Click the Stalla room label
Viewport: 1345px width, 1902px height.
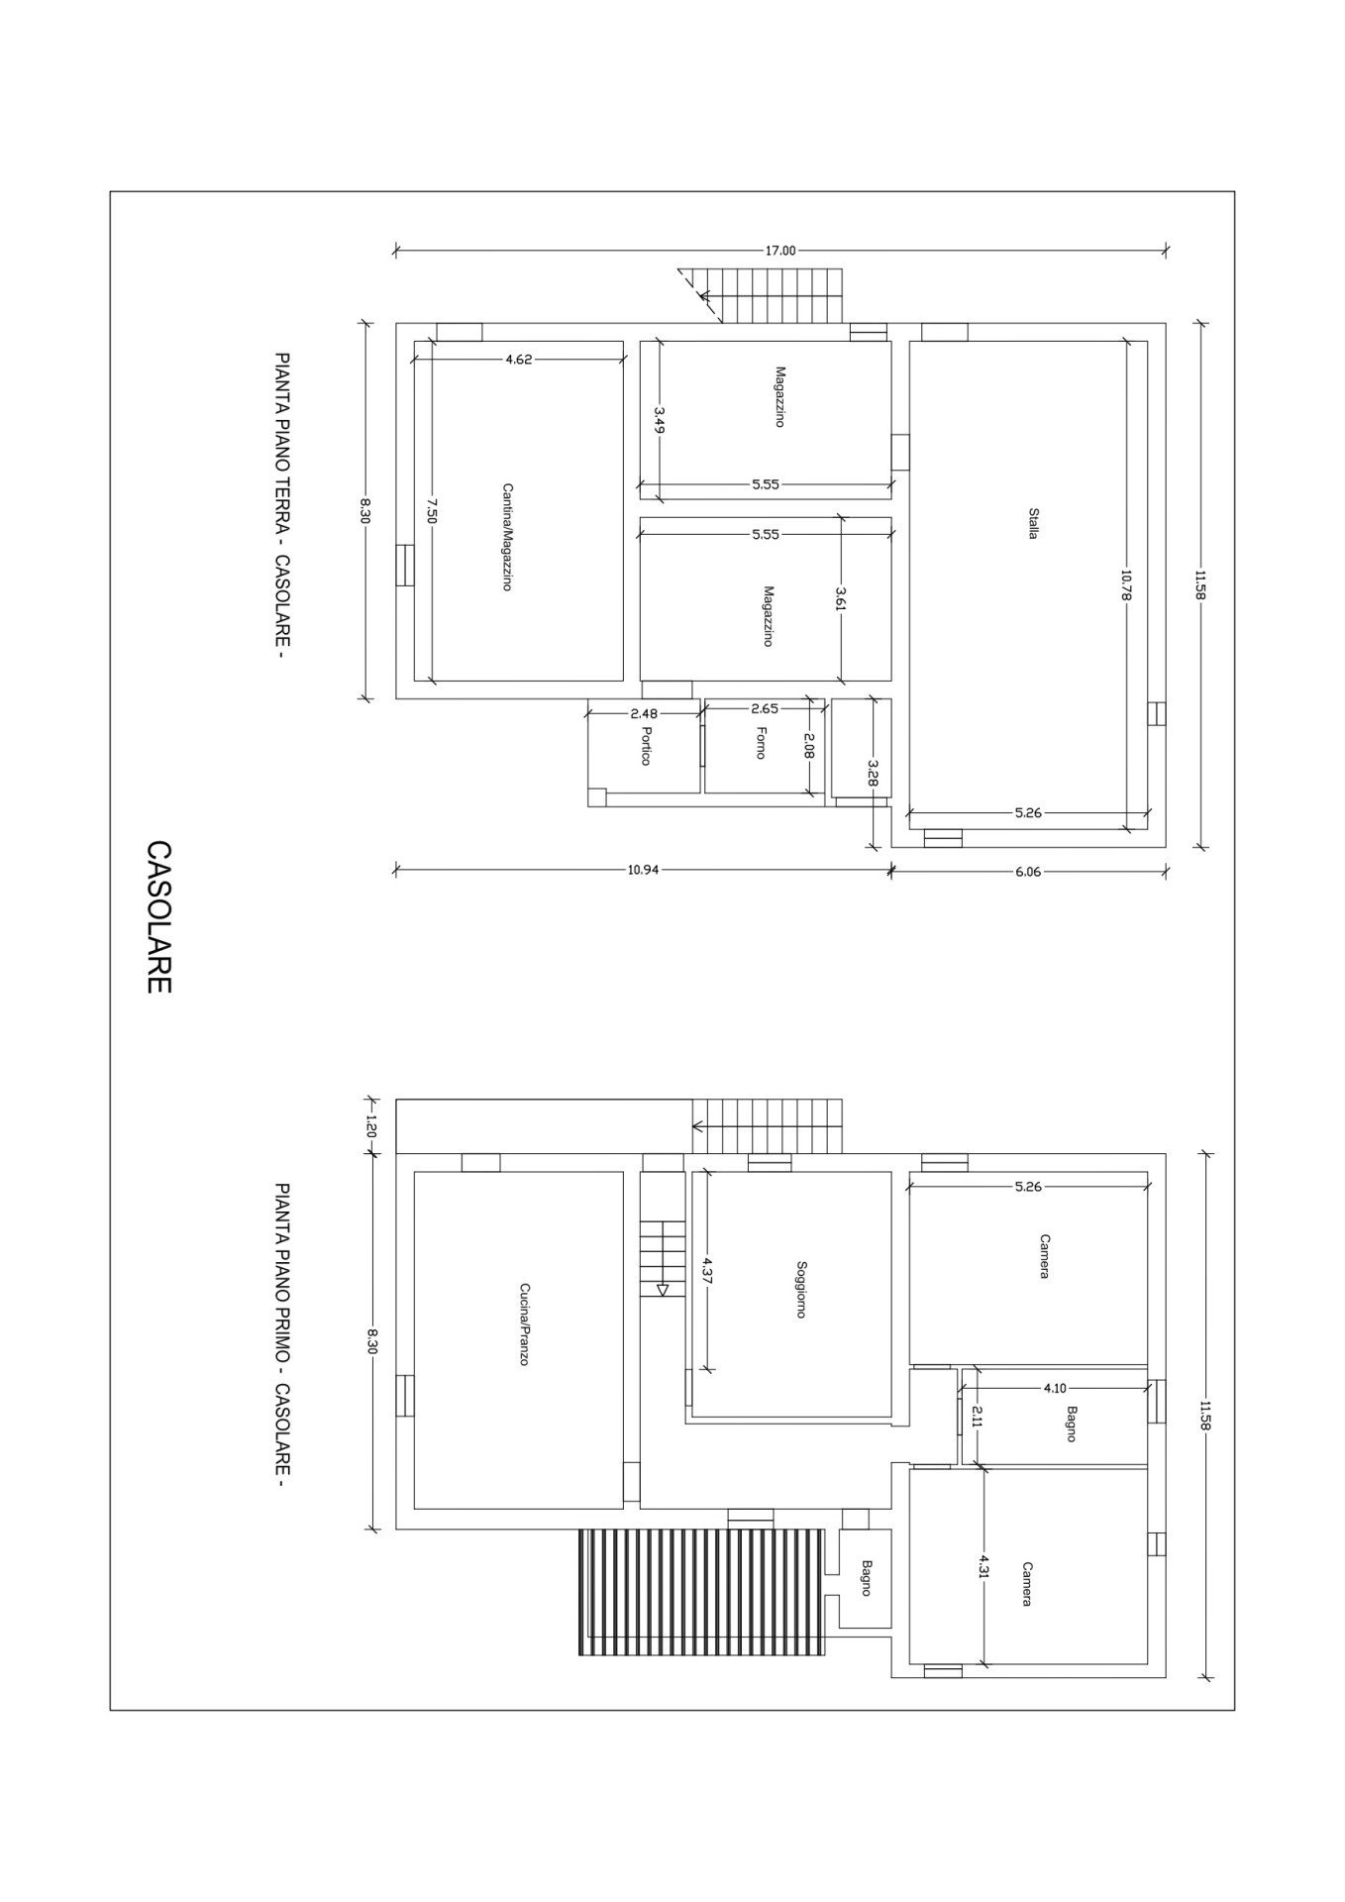pyautogui.click(x=1033, y=523)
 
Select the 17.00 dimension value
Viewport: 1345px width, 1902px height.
pyautogui.click(x=779, y=251)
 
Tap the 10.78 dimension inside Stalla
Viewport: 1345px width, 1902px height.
pyautogui.click(x=1127, y=584)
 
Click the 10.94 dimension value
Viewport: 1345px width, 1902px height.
pyautogui.click(x=643, y=870)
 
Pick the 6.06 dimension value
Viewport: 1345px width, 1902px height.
pyautogui.click(x=1029, y=872)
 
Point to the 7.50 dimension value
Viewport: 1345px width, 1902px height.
pyautogui.click(x=431, y=509)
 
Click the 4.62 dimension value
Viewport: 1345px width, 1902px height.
pyautogui.click(x=519, y=360)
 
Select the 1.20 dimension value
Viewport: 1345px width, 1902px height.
pyautogui.click(x=372, y=1126)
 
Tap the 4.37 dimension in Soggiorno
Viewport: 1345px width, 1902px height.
pyautogui.click(x=707, y=1270)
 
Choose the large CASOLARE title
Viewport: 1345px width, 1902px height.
pyautogui.click(x=159, y=916)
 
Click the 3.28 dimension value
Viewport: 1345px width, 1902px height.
pyautogui.click(x=873, y=772)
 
